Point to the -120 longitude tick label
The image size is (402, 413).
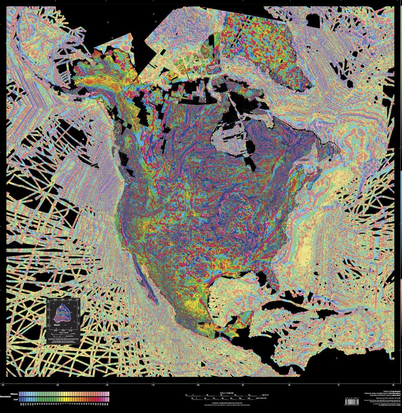(107, 385)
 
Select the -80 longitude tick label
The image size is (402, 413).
(289, 385)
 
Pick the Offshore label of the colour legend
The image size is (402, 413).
(14, 392)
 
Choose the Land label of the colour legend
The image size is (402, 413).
(16, 400)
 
